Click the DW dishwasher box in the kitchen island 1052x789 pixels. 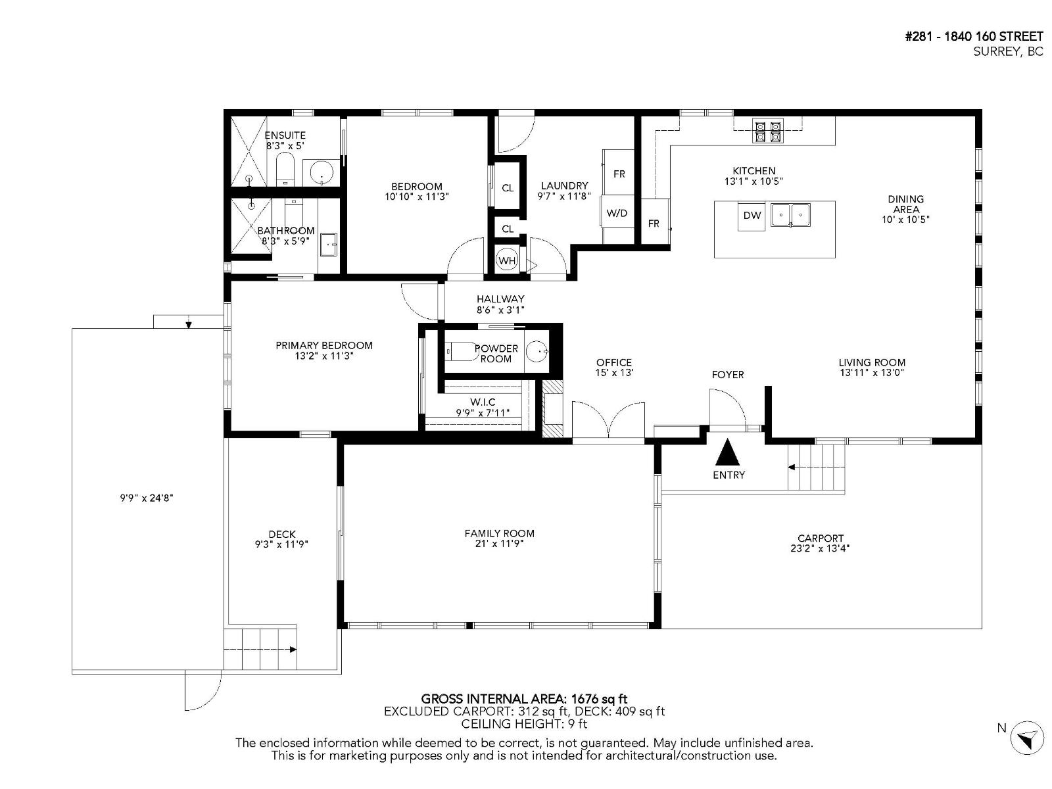coord(752,216)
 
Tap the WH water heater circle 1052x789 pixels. coord(506,260)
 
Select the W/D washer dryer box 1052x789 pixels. coord(617,213)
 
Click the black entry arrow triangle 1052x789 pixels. coord(727,452)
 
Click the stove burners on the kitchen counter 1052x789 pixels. coord(768,131)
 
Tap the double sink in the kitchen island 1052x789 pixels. coord(791,214)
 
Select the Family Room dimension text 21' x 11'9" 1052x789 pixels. coord(498,544)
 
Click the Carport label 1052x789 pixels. coord(820,538)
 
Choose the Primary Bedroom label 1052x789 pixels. coord(323,345)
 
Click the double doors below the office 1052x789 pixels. coord(608,421)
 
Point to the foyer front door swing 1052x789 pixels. coord(727,409)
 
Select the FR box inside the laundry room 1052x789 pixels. coord(619,174)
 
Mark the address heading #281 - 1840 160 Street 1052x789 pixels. coord(974,37)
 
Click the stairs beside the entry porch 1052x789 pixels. coord(816,467)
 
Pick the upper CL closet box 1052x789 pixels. coord(508,188)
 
